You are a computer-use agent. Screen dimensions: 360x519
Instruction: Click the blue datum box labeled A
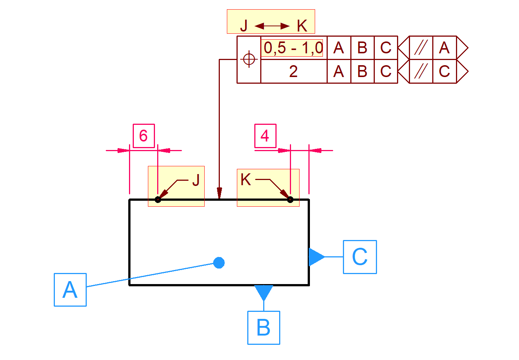click(70, 290)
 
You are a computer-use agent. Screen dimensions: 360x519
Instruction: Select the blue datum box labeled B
click(264, 328)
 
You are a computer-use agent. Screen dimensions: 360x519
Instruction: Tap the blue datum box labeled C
click(360, 257)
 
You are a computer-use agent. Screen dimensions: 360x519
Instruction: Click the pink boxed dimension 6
click(143, 136)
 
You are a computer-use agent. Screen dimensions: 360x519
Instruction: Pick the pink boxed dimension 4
click(265, 136)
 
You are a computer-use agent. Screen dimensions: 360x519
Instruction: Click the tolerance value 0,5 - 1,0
click(293, 48)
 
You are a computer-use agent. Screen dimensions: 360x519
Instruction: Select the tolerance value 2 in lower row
click(293, 71)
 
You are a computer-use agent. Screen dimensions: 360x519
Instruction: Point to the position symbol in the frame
click(249, 59)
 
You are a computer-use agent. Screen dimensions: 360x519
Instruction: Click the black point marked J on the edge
click(158, 200)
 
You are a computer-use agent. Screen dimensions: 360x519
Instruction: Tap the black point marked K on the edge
click(290, 200)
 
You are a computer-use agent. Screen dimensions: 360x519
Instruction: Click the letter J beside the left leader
click(196, 181)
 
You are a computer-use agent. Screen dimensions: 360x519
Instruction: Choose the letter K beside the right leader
click(245, 180)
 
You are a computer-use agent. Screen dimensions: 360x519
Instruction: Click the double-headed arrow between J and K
click(272, 26)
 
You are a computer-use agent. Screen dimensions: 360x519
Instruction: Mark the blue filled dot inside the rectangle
click(219, 263)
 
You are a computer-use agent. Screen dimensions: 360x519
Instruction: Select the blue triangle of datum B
click(264, 291)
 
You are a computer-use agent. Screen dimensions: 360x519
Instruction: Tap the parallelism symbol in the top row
click(421, 48)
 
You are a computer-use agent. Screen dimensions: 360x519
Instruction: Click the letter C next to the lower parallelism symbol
click(444, 71)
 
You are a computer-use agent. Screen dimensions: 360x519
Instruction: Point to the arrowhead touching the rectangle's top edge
click(219, 194)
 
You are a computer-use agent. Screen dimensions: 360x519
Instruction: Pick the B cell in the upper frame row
click(362, 48)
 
